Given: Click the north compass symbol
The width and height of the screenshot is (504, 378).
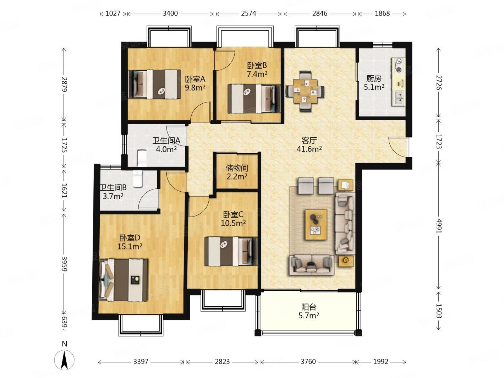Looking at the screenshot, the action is point(64,360).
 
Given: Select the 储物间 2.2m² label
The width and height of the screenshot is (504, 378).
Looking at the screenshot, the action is point(237,172).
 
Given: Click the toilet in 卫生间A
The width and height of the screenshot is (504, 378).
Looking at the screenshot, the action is point(142,158).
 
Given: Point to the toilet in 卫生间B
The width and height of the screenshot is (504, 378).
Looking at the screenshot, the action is point(138,178).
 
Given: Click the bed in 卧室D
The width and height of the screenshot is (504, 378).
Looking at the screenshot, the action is point(123,280).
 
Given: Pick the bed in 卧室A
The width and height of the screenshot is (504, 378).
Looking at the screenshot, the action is point(153,84).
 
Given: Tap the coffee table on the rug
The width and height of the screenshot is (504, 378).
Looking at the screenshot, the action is point(316,224).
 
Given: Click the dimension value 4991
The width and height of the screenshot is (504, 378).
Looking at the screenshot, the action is point(439,226).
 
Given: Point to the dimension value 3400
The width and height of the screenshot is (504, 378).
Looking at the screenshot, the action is point(170,13).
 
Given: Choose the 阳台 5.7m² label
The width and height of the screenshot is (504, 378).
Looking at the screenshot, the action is point(308,311).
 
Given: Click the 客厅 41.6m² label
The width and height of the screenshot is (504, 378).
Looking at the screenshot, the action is point(309,144).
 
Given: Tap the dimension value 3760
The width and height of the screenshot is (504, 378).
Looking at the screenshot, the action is point(308,362).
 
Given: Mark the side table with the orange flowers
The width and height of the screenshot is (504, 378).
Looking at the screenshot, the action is point(346,261).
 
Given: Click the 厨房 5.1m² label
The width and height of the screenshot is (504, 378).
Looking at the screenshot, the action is point(374,83).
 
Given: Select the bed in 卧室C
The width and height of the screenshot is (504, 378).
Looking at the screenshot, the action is point(231,252).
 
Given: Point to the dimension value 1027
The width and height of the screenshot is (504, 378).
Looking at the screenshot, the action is point(113,13).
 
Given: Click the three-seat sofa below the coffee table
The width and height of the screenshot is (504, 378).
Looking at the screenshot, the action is point(311,265).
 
